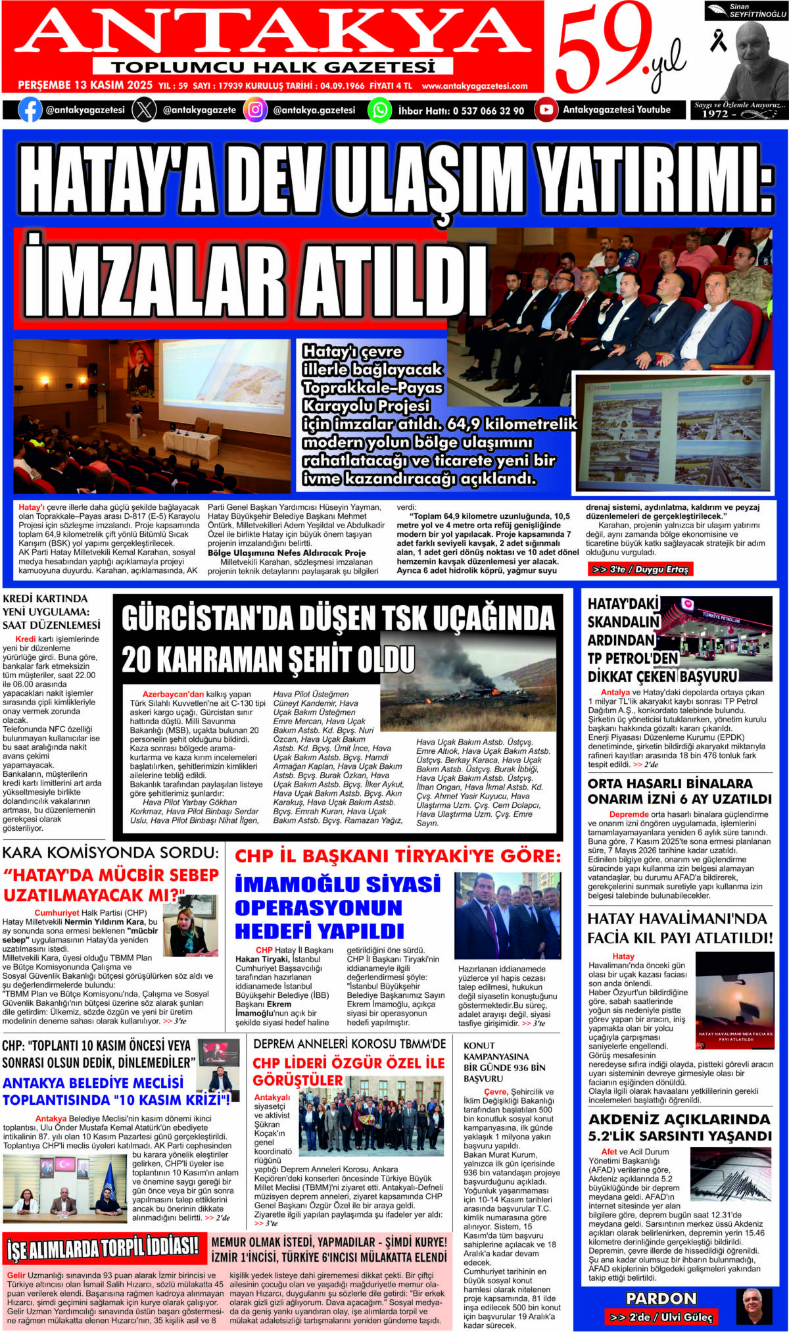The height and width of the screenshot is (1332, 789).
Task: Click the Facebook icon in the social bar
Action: point(29,110)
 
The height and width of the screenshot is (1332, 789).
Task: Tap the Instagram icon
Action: point(255,110)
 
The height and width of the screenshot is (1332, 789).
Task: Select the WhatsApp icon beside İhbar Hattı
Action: point(379,110)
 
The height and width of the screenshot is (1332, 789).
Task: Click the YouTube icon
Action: point(546,110)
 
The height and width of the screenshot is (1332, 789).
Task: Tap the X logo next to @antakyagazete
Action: point(144,110)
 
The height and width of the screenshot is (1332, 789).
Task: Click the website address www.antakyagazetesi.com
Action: point(475,86)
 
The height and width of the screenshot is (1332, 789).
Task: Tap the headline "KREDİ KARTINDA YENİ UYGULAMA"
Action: point(51,611)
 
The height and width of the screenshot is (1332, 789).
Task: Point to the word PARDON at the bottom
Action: point(661,1298)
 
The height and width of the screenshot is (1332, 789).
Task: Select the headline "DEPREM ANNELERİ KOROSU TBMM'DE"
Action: point(349,1044)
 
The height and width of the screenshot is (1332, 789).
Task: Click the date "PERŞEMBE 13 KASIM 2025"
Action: point(85,86)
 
